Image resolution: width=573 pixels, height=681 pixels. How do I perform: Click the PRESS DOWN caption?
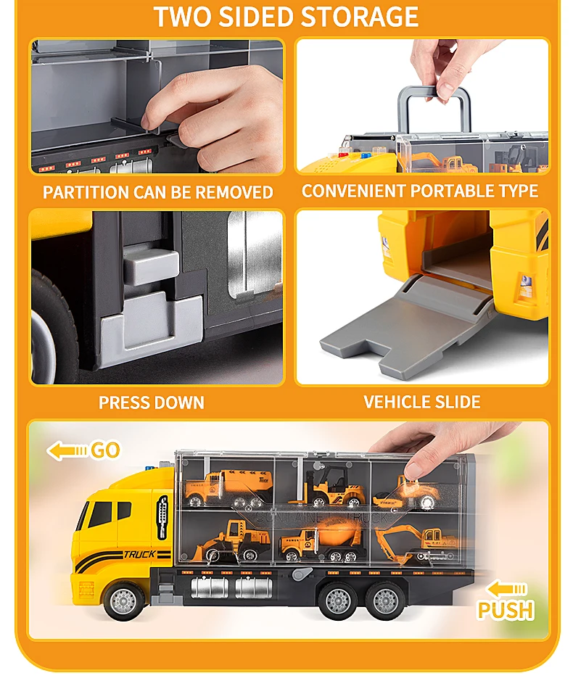[151, 403]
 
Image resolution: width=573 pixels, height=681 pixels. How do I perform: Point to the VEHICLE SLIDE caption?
[422, 402]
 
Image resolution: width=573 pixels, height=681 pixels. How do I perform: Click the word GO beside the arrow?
[106, 450]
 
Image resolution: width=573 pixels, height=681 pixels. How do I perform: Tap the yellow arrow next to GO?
[67, 451]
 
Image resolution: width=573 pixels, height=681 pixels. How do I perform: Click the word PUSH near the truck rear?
[506, 610]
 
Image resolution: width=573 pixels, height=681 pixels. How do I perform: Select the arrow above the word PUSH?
[506, 589]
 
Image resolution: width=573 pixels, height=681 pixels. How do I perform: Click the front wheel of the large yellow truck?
[124, 600]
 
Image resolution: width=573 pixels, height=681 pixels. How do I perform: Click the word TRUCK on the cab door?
[139, 554]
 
